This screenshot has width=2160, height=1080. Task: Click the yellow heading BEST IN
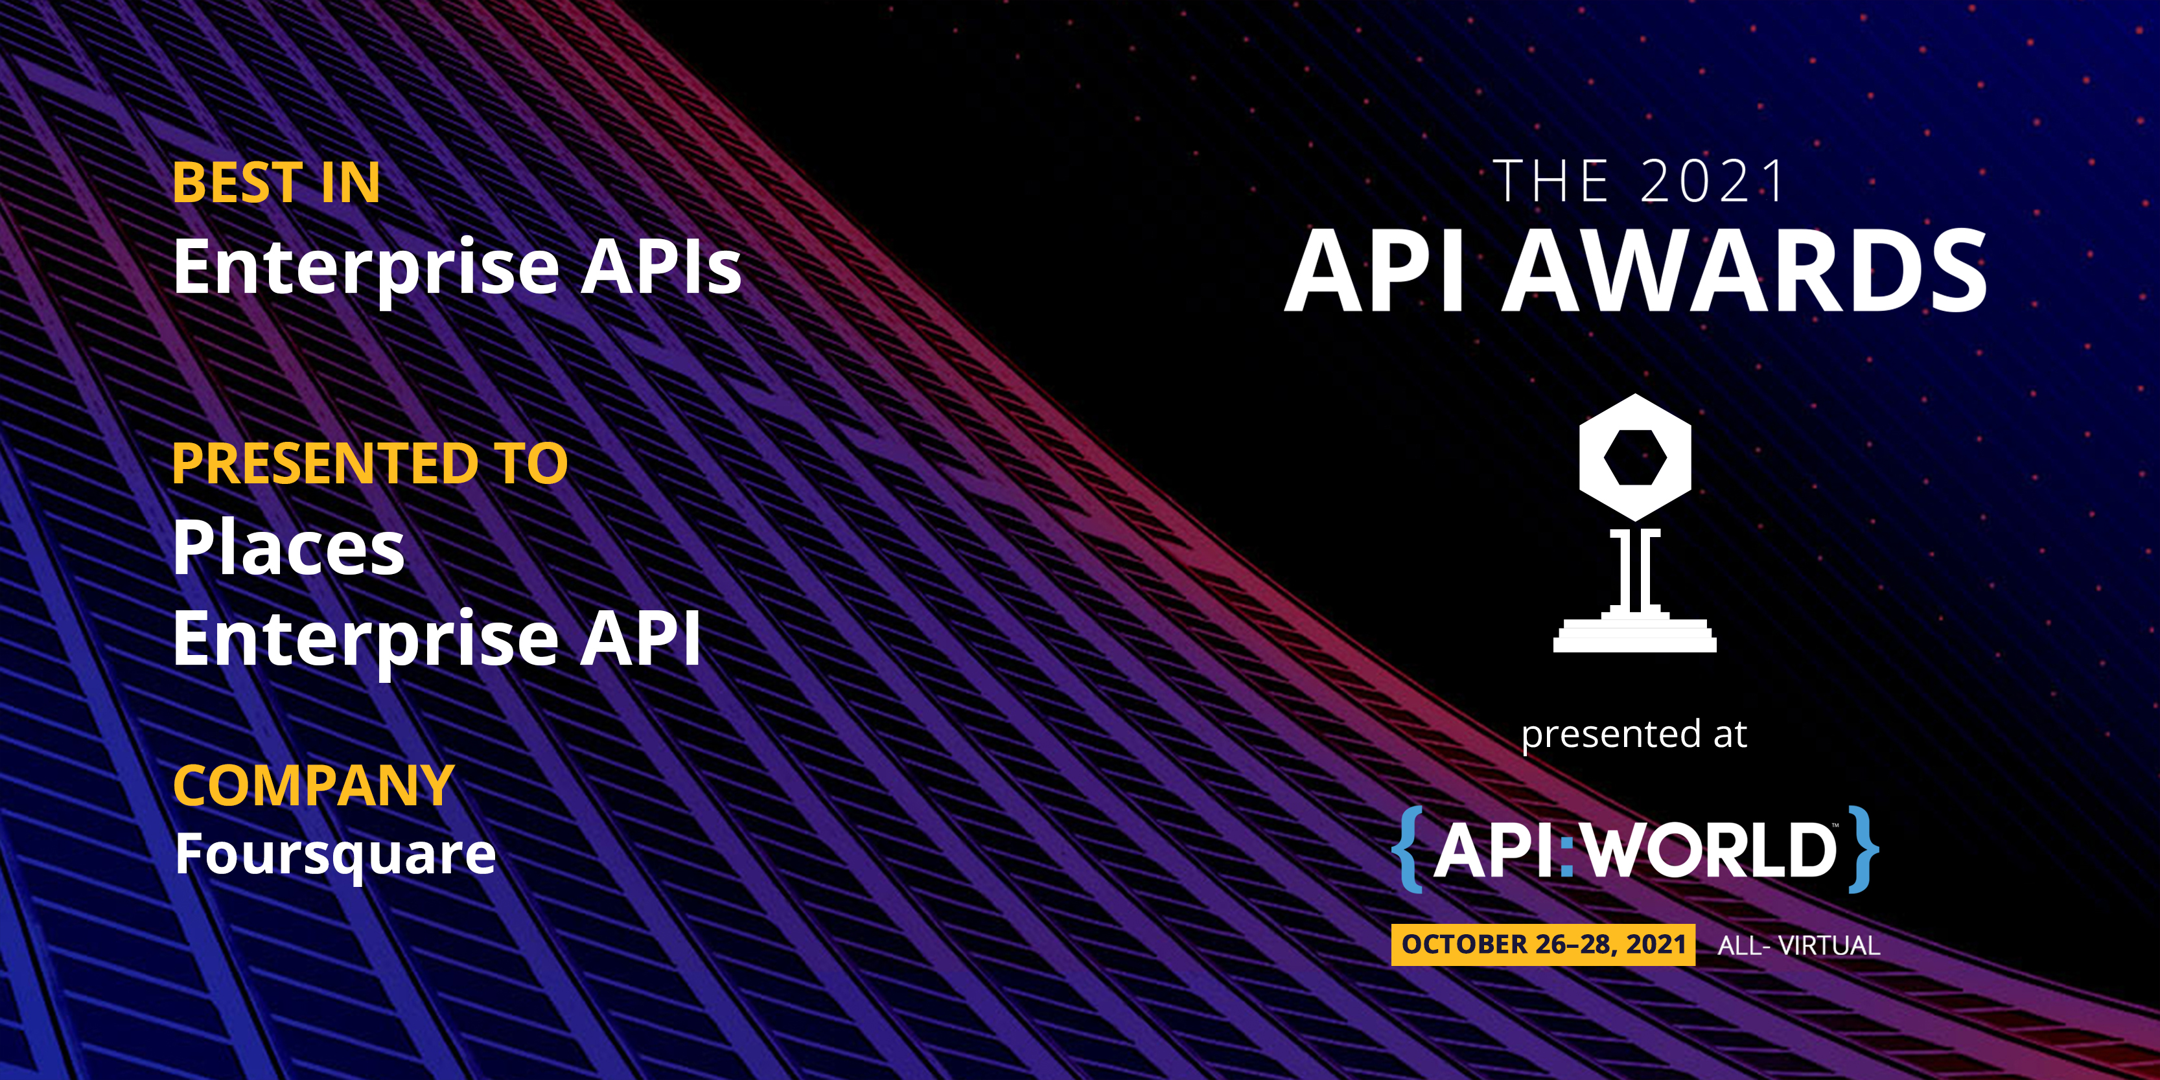(x=276, y=183)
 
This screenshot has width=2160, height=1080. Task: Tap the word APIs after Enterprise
(x=661, y=267)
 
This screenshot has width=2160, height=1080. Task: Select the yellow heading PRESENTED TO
(x=370, y=464)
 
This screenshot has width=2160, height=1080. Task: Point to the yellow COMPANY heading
(x=314, y=786)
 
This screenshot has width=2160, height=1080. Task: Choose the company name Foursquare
(x=336, y=855)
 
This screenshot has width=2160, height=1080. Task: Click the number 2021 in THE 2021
(x=1712, y=181)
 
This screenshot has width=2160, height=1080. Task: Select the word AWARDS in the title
(x=1744, y=270)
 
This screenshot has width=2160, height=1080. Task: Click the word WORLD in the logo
(x=1710, y=850)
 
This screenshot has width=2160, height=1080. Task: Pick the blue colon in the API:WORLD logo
(x=1566, y=852)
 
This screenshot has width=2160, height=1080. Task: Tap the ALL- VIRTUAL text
(x=1798, y=946)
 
